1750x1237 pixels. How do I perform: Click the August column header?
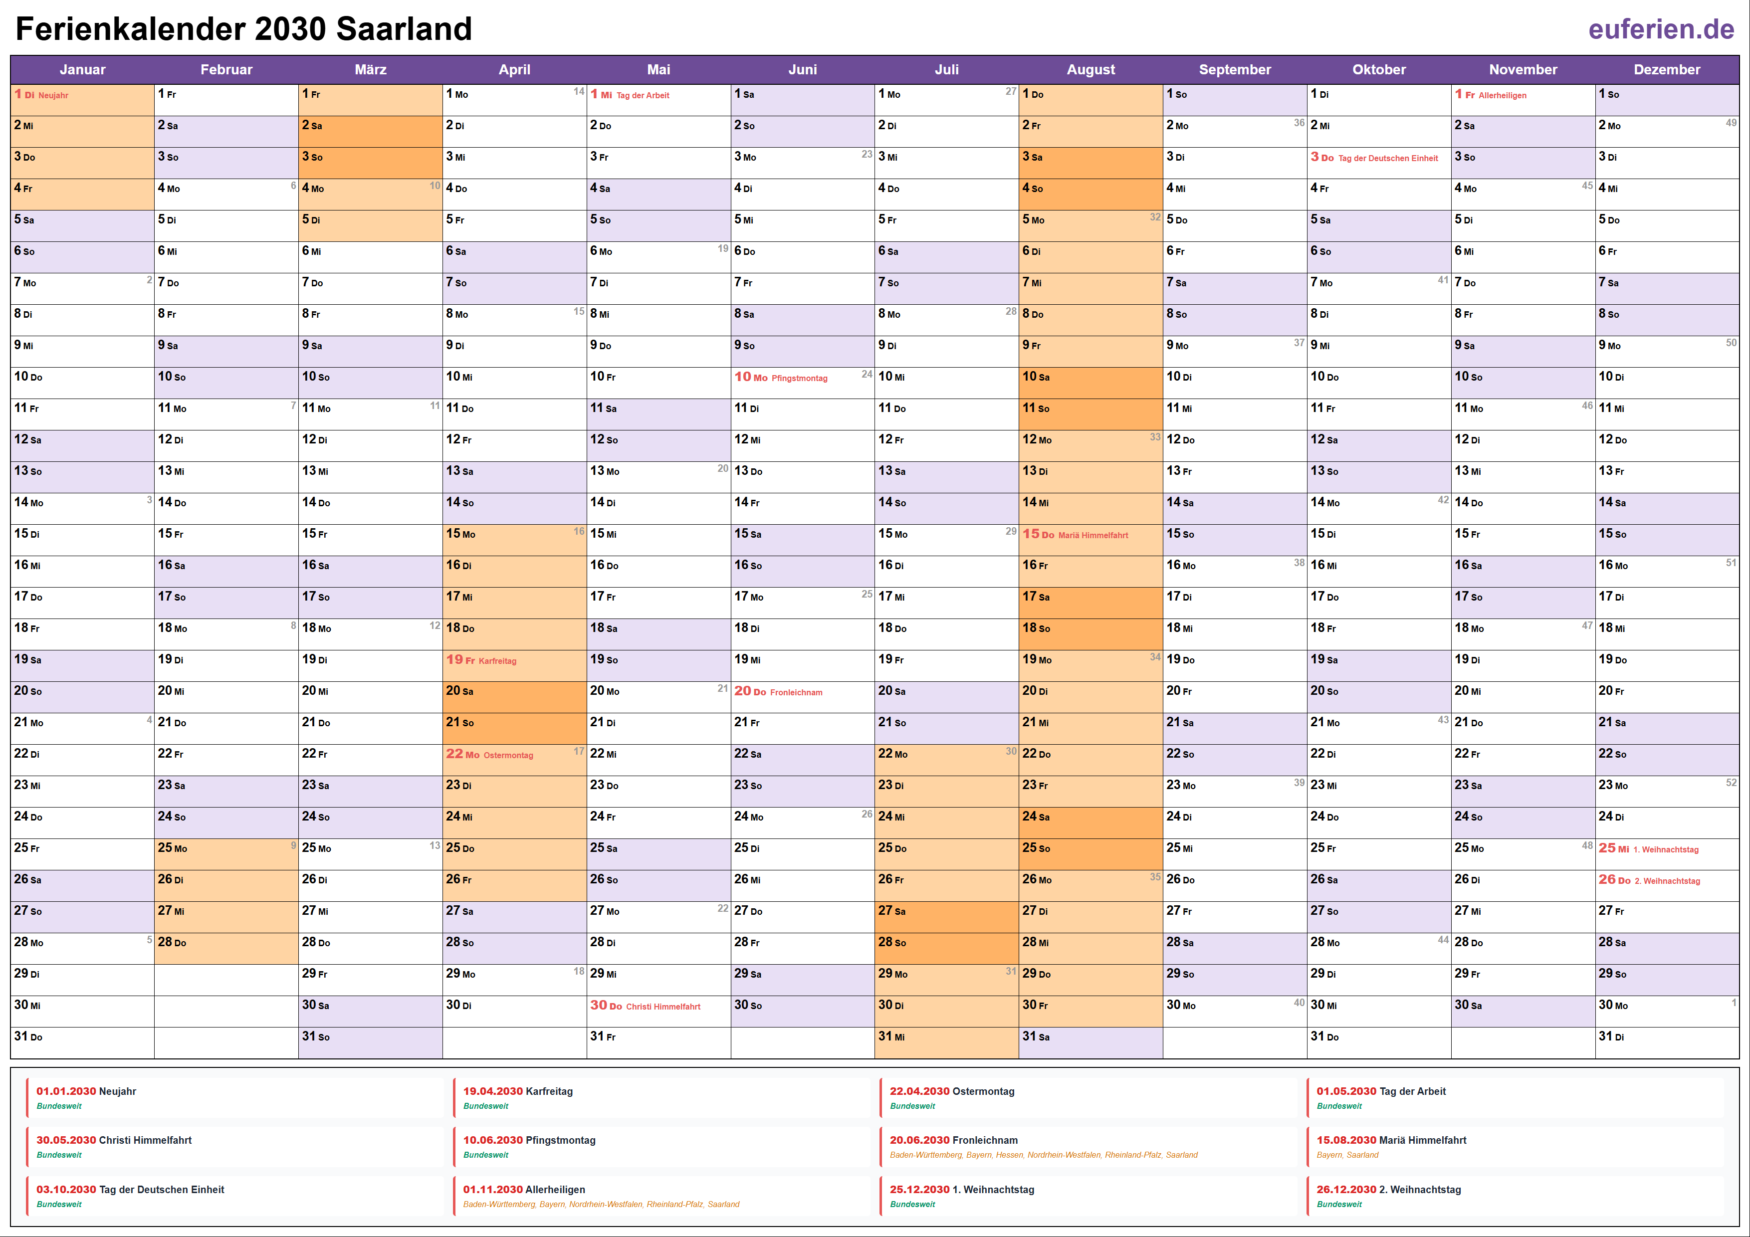[x=1090, y=69]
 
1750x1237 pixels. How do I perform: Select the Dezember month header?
[x=1666, y=69]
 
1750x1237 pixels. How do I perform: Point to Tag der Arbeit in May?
[x=643, y=95]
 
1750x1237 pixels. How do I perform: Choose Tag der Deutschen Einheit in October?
[x=1387, y=159]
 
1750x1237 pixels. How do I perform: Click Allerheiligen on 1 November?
[x=1502, y=95]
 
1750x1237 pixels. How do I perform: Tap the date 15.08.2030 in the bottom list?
[x=1346, y=1140]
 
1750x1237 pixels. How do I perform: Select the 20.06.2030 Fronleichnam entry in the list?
[x=953, y=1140]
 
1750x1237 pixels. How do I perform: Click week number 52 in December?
[x=1731, y=783]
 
